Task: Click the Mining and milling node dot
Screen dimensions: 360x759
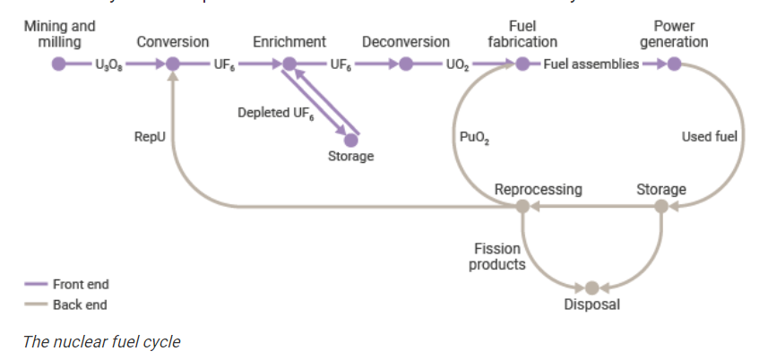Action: tap(59, 64)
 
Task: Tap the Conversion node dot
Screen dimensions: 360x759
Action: tap(173, 64)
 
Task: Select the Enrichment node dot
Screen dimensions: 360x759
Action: tap(289, 64)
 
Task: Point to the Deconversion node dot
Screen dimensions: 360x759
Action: tap(405, 64)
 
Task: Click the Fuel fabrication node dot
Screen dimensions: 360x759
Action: tap(522, 64)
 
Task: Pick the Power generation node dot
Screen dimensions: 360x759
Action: tap(674, 64)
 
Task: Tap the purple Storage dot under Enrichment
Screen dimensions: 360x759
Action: tap(350, 140)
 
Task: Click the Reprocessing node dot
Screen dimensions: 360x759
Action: tap(522, 207)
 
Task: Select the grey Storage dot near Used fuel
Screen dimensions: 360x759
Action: tap(660, 207)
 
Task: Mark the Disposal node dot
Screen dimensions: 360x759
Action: tap(591, 287)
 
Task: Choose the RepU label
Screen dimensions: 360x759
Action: tap(149, 137)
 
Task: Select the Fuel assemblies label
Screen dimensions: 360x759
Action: tap(591, 64)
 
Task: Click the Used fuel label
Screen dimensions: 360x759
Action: tap(709, 137)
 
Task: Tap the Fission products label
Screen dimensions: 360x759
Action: tap(499, 255)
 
